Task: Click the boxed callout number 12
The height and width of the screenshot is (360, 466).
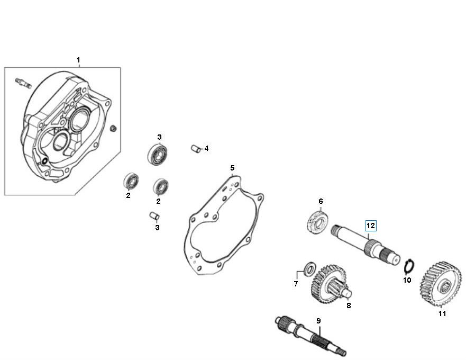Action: (x=370, y=226)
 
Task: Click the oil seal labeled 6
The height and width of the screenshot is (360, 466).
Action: (x=319, y=220)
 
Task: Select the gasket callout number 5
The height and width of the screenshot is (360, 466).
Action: (x=232, y=168)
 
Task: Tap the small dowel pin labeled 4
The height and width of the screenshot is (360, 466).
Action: (x=195, y=149)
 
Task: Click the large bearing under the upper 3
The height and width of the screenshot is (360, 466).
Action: (x=157, y=154)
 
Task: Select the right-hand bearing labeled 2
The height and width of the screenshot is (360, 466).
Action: (x=160, y=186)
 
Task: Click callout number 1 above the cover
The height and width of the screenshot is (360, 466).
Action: (x=78, y=60)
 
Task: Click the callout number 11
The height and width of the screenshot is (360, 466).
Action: (x=442, y=313)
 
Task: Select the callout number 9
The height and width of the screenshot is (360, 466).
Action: (x=318, y=321)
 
